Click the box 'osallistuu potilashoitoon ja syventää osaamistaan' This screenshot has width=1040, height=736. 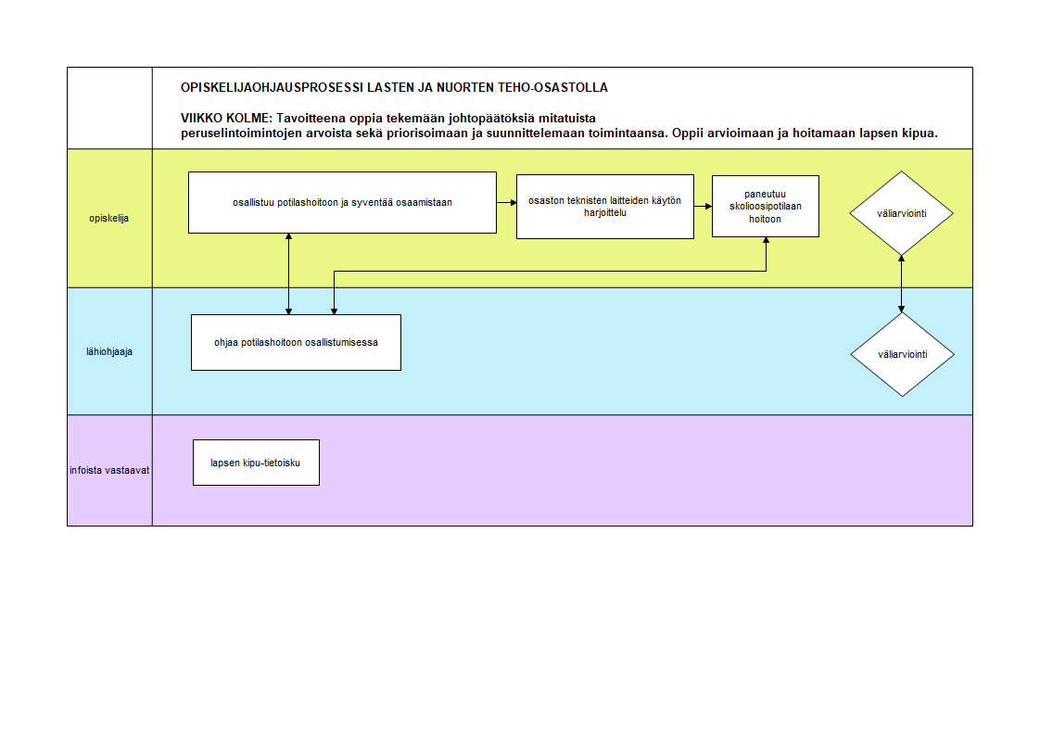click(342, 202)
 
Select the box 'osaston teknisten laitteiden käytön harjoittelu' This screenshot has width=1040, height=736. click(605, 206)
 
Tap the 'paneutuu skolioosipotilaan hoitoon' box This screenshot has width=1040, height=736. click(766, 206)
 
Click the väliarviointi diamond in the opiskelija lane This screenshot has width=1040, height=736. click(901, 213)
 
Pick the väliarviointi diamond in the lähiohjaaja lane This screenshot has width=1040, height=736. click(902, 354)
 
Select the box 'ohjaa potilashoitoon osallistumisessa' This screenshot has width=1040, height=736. click(296, 342)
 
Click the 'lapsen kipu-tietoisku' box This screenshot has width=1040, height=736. click(256, 463)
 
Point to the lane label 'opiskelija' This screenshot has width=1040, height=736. click(108, 218)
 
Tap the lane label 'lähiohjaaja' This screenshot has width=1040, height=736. click(108, 351)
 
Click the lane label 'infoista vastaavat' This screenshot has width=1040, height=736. click(109, 470)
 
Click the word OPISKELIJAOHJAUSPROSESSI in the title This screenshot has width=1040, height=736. click(272, 87)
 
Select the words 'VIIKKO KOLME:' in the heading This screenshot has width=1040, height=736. click(226, 118)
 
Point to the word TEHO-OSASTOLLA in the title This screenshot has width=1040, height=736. click(552, 87)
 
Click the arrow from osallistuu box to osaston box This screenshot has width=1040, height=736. click(507, 202)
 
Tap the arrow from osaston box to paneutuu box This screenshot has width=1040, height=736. click(703, 206)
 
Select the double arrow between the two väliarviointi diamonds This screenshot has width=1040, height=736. click(901, 284)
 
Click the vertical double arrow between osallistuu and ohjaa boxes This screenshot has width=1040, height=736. click(288, 273)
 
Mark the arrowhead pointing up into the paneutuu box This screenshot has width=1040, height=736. click(766, 241)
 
